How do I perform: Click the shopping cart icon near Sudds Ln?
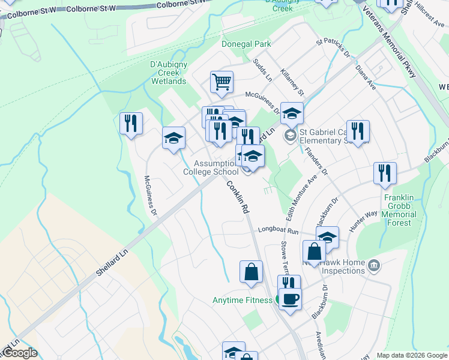tap(221, 82)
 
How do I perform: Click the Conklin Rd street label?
tap(238, 199)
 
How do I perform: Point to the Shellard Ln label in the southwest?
tap(112, 264)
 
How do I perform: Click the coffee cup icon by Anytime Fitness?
tap(290, 299)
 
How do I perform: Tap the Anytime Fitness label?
tap(243, 300)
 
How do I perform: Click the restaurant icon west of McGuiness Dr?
tap(131, 123)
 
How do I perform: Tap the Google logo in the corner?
tap(19, 353)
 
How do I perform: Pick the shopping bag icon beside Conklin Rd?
tap(251, 272)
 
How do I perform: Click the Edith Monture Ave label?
tap(302, 200)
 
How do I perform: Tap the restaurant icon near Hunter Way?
tap(384, 173)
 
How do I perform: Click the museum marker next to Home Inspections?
tap(374, 265)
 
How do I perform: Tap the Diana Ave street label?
tap(365, 77)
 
